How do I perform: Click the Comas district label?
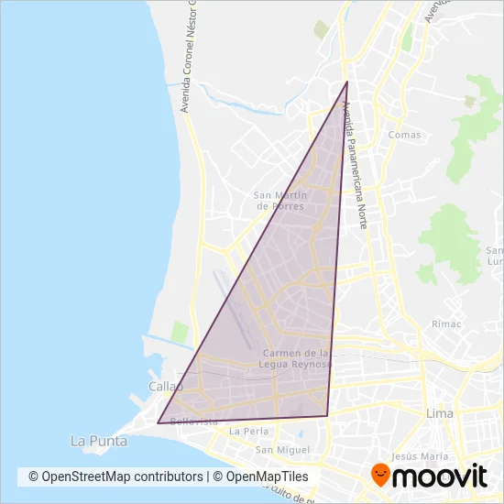tap(404, 135)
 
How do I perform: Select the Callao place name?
tap(166, 388)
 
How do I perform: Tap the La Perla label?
tap(247, 431)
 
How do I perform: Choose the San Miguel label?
tap(277, 449)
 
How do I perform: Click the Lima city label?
tap(440, 414)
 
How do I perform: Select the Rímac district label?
tap(445, 323)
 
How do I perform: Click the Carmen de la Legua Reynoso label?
tap(296, 358)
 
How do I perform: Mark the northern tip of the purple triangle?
tap(347, 82)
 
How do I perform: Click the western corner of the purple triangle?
tap(158, 423)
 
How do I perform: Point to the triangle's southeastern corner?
tap(327, 416)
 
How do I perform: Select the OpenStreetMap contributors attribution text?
tap(115, 477)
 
